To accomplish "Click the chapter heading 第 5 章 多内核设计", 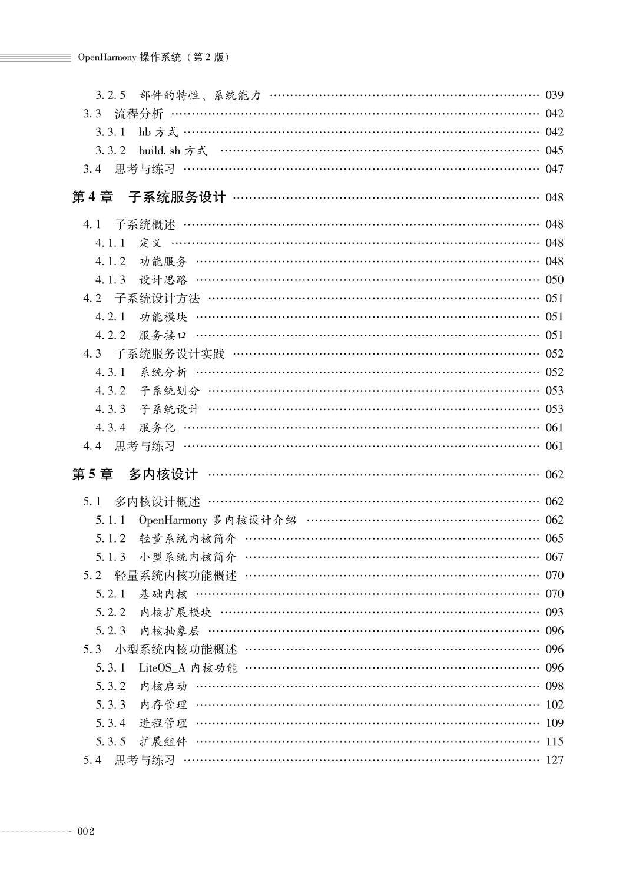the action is pos(135,474).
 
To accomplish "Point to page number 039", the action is pos(554,95).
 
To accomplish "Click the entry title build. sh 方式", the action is pos(173,150).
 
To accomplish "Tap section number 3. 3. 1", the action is pos(110,132).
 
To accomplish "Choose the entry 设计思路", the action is pos(163,280).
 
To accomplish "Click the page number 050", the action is pos(554,280).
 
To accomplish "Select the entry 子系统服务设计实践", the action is pos(170,353).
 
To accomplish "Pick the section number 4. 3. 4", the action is pos(110,428).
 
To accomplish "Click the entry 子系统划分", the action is pos(170,391).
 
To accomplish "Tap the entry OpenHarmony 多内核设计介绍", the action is pos(217,520).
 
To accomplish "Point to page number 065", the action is pos(554,538).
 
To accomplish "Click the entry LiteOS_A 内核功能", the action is pos(188,667).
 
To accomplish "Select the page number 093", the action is pos(554,612).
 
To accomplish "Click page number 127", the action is pos(554,760).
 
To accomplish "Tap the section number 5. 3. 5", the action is pos(110,742).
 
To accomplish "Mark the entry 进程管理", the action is pos(163,723).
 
